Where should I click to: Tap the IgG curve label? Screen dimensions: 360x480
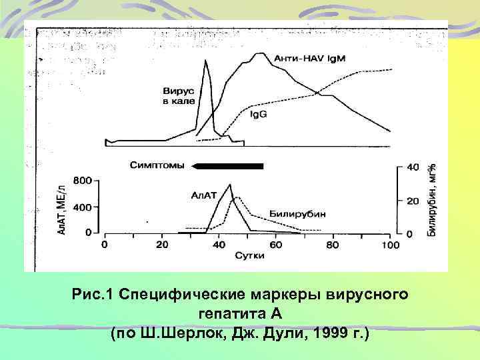pos(258,114)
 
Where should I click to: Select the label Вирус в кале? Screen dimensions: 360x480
pos(179,95)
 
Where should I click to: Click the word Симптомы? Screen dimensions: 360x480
pos(157,166)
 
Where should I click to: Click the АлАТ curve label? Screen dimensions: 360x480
pos(204,195)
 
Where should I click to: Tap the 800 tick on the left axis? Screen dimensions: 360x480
pos(81,181)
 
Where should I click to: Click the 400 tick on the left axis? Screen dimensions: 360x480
pos(81,207)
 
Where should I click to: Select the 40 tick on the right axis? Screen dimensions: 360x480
pos(413,167)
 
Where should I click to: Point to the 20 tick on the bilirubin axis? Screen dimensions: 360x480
pos(413,201)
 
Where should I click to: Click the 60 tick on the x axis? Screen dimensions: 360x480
pos(276,245)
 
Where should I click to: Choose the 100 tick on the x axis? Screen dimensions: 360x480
pos(391,245)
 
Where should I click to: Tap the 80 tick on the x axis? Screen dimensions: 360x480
pos(333,245)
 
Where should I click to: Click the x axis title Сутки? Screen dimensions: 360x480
pos(249,256)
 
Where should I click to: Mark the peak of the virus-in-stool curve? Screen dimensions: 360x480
pos(206,61)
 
